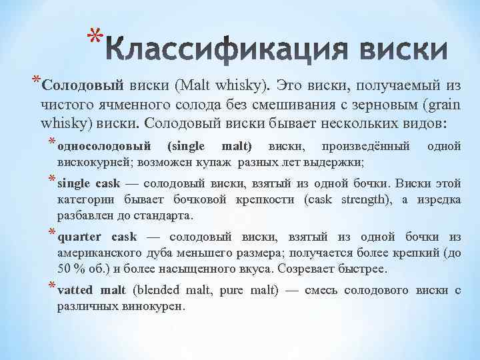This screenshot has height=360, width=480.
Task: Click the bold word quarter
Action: coord(80,237)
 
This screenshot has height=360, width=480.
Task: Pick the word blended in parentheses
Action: coord(158,290)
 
